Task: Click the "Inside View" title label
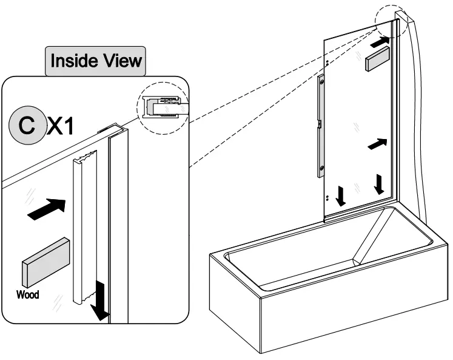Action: click(x=96, y=60)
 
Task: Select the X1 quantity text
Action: click(x=61, y=126)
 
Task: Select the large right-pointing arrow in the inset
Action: click(x=46, y=208)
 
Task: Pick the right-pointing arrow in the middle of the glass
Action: click(x=377, y=144)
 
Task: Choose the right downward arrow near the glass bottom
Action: click(x=380, y=184)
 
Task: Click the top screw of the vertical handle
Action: click(x=321, y=81)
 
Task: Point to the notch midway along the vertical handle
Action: click(x=318, y=124)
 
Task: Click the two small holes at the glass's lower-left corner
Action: click(x=327, y=197)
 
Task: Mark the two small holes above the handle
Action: click(x=327, y=63)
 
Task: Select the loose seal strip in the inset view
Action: click(x=83, y=231)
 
